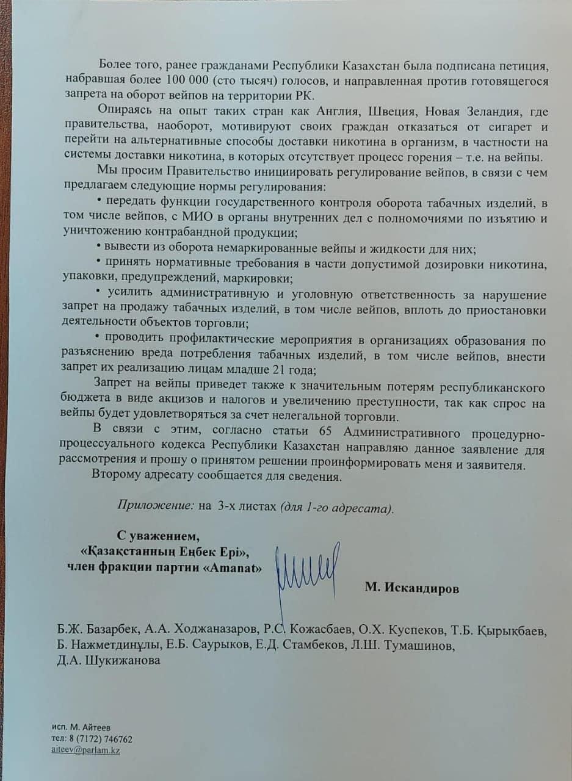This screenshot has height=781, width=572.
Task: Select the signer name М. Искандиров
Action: click(x=412, y=588)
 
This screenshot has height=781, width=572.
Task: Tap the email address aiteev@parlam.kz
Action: click(x=85, y=750)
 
